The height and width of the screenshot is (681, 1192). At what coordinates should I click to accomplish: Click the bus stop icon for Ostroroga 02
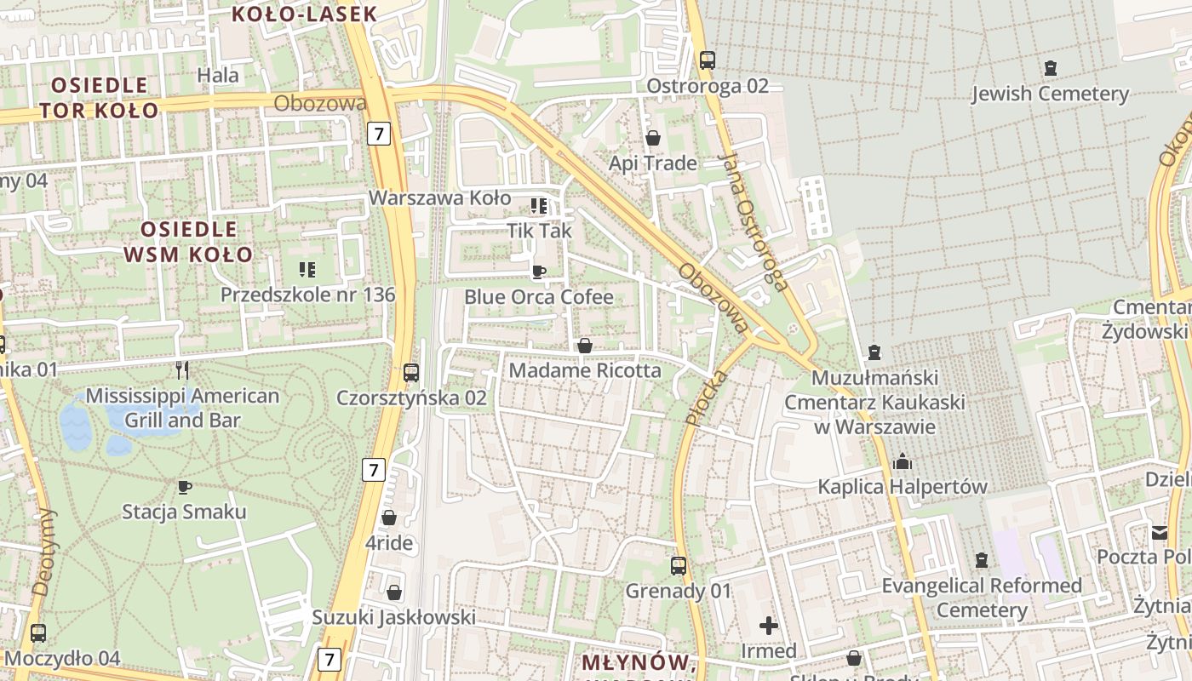coord(708,60)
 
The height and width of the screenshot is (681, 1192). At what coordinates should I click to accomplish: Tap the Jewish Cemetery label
coord(1050,93)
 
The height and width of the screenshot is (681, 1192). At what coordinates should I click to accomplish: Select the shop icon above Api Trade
coord(653,138)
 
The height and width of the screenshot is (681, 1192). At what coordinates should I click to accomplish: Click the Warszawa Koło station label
coord(439,198)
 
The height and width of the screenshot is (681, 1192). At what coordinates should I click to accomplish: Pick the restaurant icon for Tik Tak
coord(538,206)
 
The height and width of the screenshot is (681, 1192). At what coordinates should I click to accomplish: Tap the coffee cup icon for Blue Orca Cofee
coord(538,272)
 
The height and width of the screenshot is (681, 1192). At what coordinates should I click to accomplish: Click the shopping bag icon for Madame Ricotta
coord(585,346)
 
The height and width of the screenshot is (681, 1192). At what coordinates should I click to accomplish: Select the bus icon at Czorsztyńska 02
coord(411,373)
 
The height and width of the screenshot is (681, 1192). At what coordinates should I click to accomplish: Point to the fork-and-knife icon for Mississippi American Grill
coord(181,369)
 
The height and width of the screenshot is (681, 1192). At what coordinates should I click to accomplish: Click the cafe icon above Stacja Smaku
coord(184,487)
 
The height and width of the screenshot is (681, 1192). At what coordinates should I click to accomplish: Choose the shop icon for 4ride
coord(389,518)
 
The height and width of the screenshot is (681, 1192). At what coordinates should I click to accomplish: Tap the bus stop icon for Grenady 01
coord(679,565)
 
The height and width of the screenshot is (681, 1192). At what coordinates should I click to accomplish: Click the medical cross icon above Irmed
coord(769,626)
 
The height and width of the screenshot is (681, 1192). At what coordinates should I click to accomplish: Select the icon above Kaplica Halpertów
coord(903,462)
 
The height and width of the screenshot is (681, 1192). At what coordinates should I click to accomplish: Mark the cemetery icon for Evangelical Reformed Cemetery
coord(982,560)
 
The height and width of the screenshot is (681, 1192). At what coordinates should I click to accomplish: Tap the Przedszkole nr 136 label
coord(307,295)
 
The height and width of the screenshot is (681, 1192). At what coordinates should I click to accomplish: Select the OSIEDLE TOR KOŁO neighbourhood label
coord(99,97)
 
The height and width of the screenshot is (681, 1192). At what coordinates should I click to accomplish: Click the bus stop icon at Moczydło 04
coord(38,633)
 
